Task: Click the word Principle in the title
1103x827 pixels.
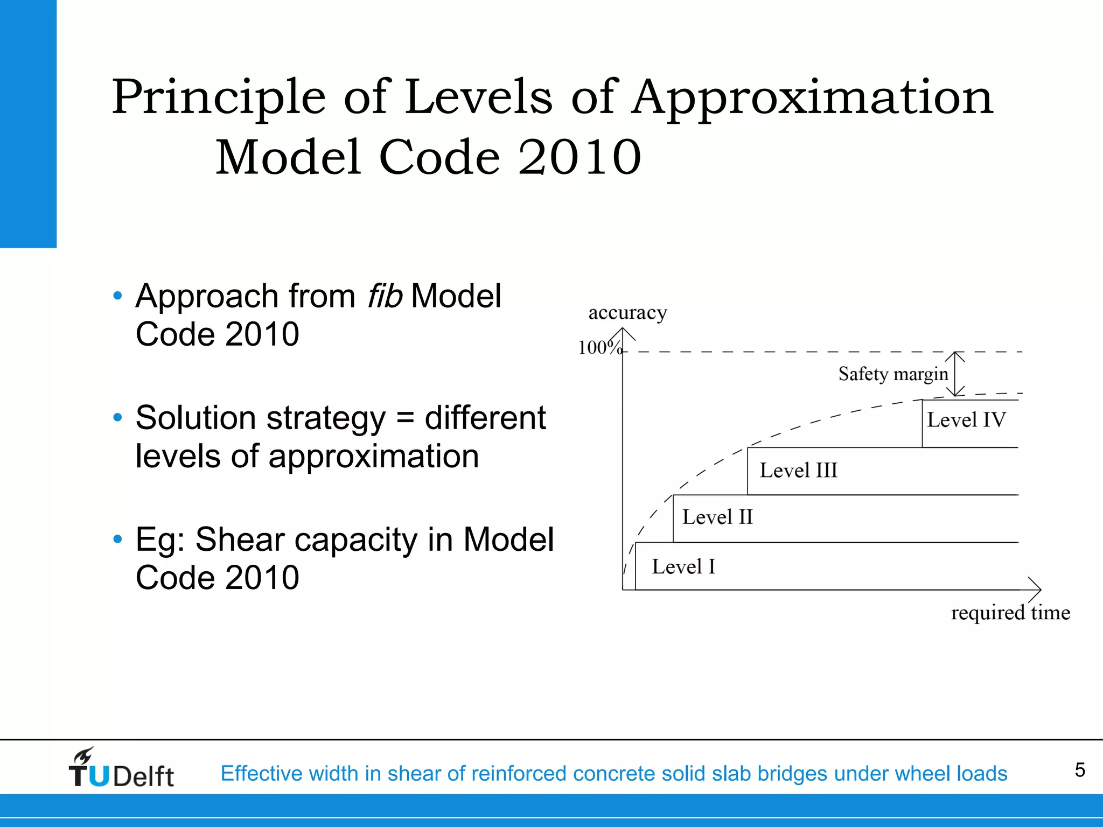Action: (x=219, y=98)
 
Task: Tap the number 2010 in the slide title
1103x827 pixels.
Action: (x=580, y=157)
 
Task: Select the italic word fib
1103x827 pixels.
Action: (x=385, y=296)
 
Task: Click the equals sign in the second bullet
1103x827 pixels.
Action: (x=405, y=418)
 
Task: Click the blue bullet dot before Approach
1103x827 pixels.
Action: (x=118, y=296)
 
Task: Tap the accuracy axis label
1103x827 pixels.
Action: (x=627, y=312)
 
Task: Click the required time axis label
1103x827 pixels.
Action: (x=1010, y=613)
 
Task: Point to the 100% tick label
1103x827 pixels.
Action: (x=599, y=348)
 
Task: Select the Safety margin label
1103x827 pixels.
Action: (x=893, y=374)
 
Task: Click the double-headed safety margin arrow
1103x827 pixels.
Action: (x=955, y=374)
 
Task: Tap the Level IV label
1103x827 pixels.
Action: (x=966, y=420)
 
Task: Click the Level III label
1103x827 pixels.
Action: (x=798, y=471)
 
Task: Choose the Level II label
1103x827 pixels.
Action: (x=717, y=517)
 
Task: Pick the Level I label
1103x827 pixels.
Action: (x=683, y=567)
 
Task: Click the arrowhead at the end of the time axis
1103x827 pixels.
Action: (x=1035, y=590)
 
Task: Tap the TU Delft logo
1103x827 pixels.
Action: (x=121, y=768)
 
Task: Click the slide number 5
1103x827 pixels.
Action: (x=1079, y=770)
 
